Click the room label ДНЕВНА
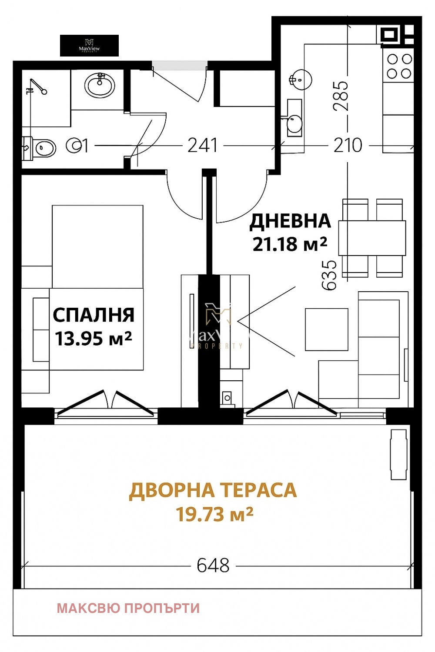(x=290, y=221)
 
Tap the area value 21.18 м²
(x=290, y=244)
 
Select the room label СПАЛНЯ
(x=94, y=315)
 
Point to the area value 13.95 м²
(x=94, y=338)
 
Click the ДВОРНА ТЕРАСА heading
(x=213, y=490)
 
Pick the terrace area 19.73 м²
(x=214, y=515)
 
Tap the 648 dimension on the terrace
(x=213, y=566)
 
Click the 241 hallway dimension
(x=203, y=146)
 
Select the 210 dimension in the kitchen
(x=348, y=146)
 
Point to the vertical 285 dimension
(x=341, y=96)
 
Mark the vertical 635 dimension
(x=329, y=275)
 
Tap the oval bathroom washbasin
(x=100, y=85)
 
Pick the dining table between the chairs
(x=372, y=238)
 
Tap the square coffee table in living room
(x=326, y=329)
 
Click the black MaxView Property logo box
(x=89, y=46)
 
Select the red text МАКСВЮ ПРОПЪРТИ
(x=128, y=608)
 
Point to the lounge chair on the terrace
(x=398, y=454)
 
